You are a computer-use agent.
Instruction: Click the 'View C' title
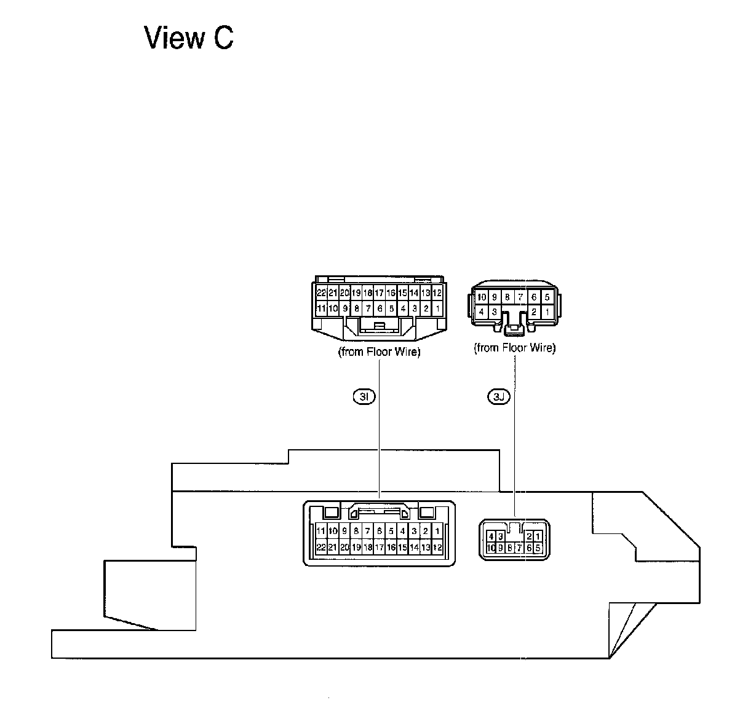click(189, 38)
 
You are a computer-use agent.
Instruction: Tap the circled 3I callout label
click(364, 397)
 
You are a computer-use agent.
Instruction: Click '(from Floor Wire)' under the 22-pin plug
click(379, 353)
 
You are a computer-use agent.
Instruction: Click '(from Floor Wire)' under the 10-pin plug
click(515, 348)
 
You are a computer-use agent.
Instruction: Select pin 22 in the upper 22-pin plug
click(321, 293)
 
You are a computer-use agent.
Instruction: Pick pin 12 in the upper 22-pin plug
click(437, 293)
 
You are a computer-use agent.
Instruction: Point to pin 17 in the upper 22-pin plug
click(380, 293)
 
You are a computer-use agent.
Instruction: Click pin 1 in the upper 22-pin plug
click(437, 308)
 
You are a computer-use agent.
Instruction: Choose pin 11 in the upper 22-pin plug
click(321, 308)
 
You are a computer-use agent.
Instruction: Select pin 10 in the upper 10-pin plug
click(482, 297)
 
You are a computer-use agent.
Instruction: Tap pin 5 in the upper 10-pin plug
click(547, 297)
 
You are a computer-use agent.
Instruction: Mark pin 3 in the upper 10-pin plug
click(494, 312)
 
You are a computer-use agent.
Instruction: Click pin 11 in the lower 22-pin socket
click(320, 531)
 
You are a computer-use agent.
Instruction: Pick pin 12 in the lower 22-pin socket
click(437, 546)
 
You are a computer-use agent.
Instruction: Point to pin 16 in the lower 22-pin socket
click(391, 546)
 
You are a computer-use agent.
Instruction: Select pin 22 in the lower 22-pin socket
click(320, 546)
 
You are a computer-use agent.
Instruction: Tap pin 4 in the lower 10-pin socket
click(490, 536)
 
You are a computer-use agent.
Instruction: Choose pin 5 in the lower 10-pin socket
click(538, 548)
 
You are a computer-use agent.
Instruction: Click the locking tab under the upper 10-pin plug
click(513, 331)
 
